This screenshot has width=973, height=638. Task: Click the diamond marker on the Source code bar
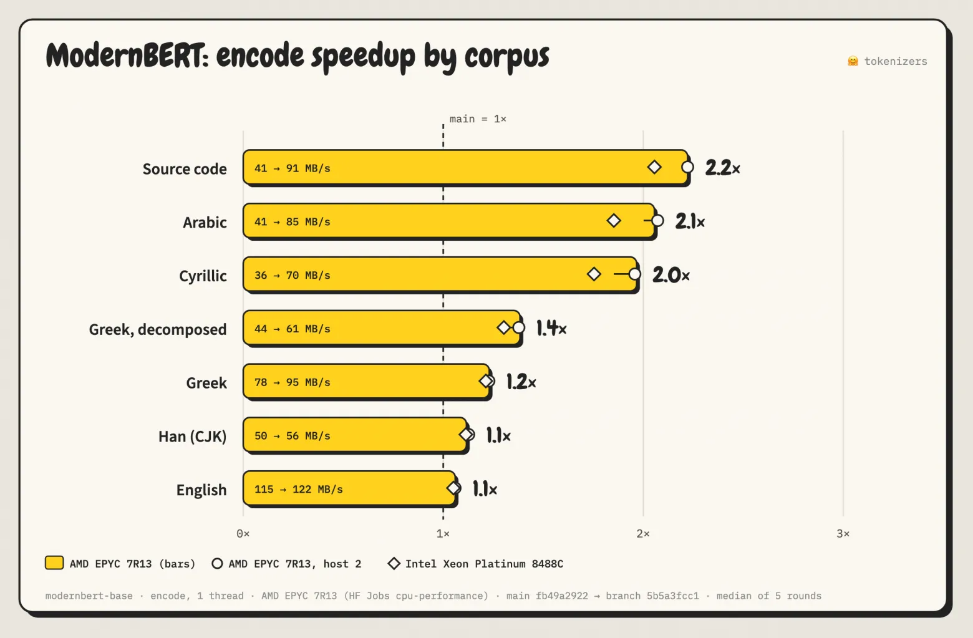[654, 167]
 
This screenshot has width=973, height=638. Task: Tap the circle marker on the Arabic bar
[657, 221]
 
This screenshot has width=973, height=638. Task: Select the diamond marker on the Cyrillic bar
[594, 274]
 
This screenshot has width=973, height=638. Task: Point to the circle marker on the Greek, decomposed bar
[519, 327]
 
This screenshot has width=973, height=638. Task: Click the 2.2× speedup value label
[722, 168]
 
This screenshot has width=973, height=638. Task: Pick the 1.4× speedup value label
[551, 328]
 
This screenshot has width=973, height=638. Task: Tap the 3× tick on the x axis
[843, 533]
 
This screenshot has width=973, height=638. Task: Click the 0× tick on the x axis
[243, 533]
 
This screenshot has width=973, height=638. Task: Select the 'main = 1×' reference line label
[478, 119]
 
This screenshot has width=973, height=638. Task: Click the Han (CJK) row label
[193, 436]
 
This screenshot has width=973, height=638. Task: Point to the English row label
[201, 490]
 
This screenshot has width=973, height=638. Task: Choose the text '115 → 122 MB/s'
[298, 490]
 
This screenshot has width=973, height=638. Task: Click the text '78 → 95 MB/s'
[293, 382]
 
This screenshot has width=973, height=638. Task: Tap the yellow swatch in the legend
[54, 563]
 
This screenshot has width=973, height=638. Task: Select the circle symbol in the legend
[217, 563]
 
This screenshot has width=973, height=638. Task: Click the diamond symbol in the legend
[394, 563]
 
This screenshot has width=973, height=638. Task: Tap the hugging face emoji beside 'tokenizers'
[853, 60]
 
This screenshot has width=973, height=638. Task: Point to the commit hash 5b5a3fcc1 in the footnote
[673, 596]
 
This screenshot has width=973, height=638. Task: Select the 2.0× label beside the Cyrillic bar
[671, 275]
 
